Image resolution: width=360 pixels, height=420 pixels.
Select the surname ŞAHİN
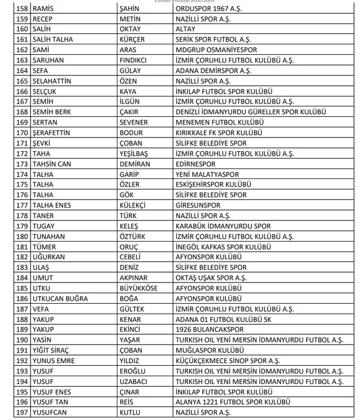click(130, 9)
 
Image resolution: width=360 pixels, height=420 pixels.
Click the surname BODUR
click(131, 132)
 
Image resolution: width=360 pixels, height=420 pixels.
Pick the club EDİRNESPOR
click(196, 164)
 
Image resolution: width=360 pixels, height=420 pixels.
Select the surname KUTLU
click(131, 412)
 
